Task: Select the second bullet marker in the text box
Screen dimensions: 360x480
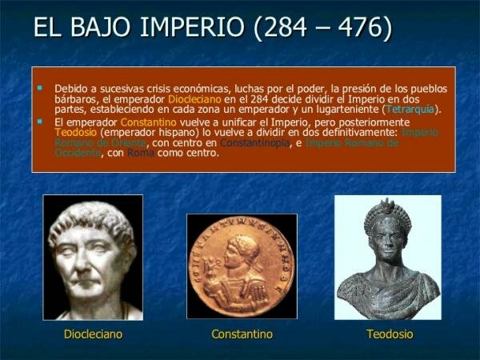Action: pyautogui.click(x=39, y=121)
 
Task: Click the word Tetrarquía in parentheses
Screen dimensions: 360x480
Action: pyautogui.click(x=410, y=109)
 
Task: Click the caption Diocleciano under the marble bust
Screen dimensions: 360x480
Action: pyautogui.click(x=93, y=334)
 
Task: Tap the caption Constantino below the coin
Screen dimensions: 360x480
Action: pyautogui.click(x=242, y=334)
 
